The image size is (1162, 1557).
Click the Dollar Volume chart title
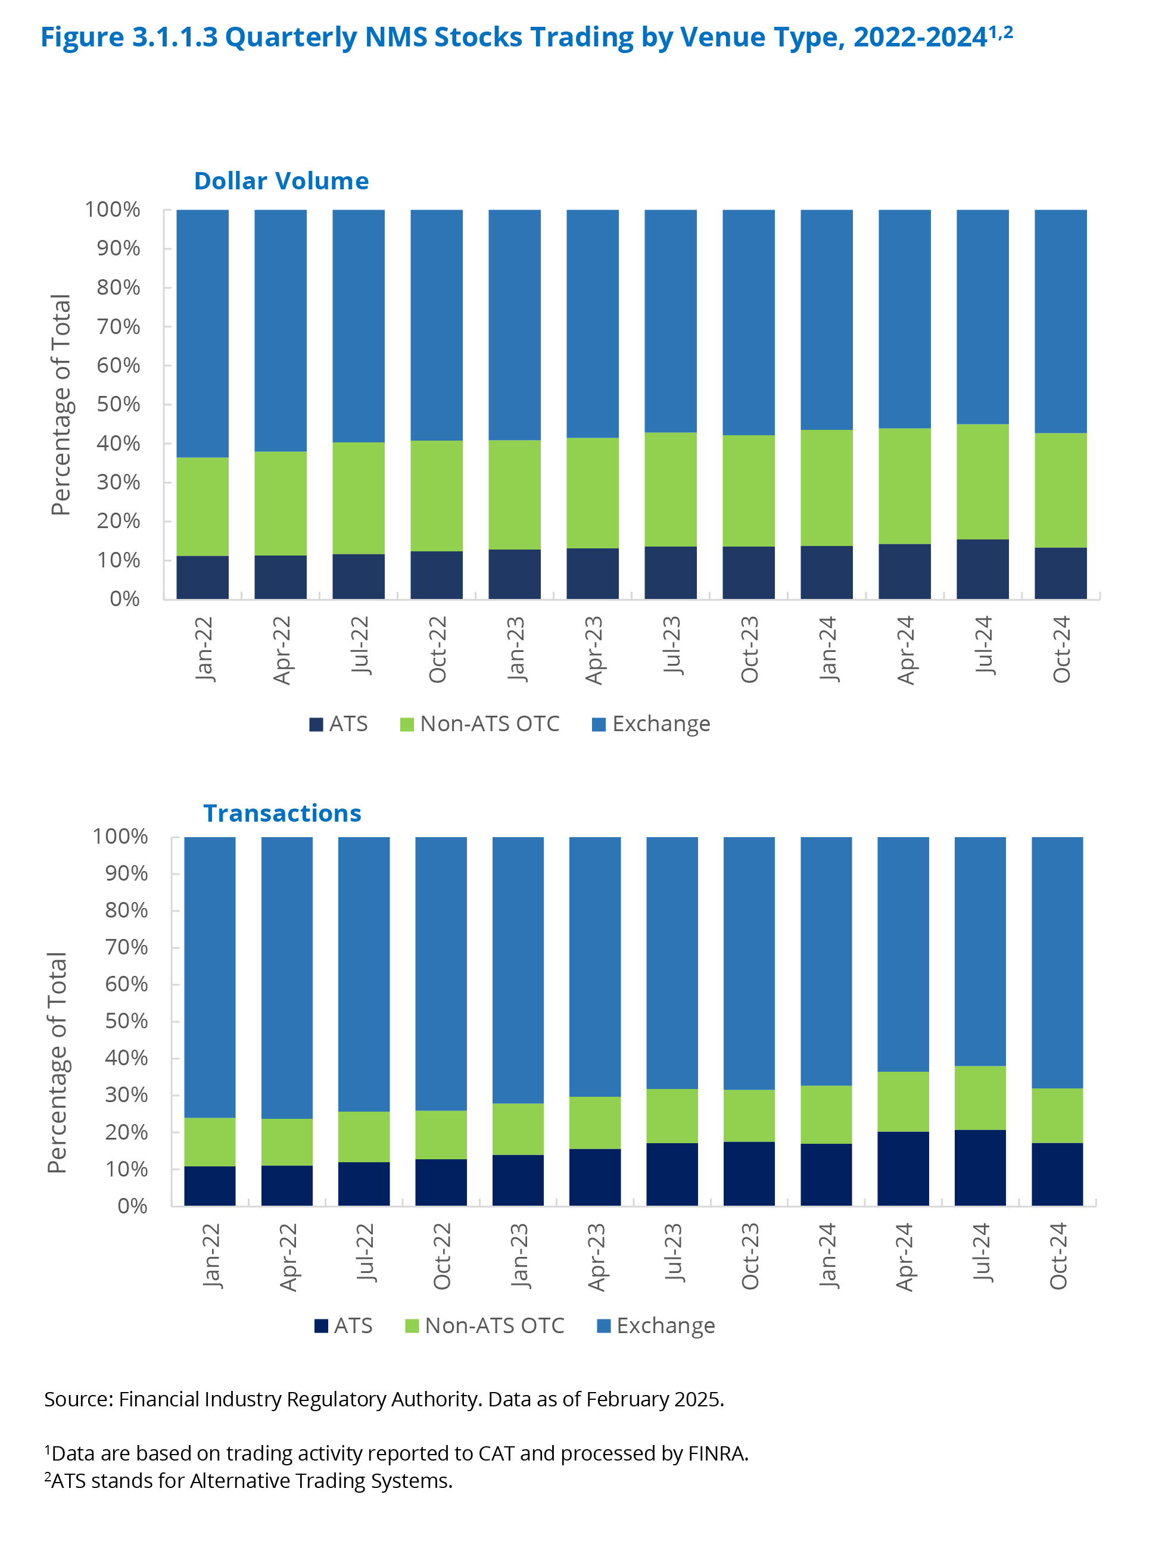[x=281, y=181]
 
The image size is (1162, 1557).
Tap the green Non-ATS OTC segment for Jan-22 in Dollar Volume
[x=203, y=506]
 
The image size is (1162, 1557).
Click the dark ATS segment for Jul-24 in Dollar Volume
[x=982, y=569]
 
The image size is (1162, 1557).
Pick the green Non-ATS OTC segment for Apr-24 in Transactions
[x=902, y=1102]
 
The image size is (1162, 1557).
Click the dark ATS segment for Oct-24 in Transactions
[x=1057, y=1174]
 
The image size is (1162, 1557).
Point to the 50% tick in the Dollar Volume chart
[x=119, y=404]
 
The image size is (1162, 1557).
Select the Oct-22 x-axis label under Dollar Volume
[x=438, y=649]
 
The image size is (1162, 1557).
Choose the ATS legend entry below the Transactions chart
[x=343, y=1325]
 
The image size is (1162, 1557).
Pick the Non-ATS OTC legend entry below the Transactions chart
[x=485, y=1325]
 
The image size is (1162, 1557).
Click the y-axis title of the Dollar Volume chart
[x=61, y=404]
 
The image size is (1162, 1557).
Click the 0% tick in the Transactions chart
[x=132, y=1206]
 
